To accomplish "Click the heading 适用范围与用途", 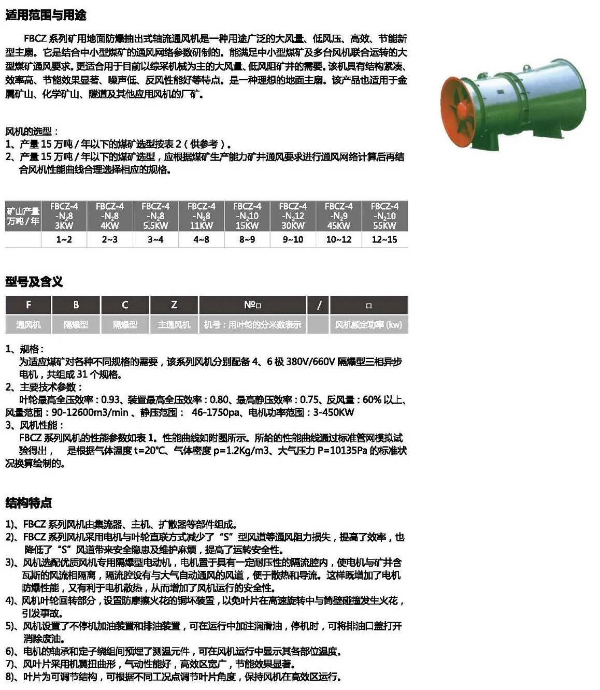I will coord(46,15).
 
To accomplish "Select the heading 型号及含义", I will coord(34,282).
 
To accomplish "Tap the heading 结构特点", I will coord(28,502).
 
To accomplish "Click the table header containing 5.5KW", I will coord(155,216).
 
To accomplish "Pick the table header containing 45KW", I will coord(339,216).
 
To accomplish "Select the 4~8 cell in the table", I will coord(201,239).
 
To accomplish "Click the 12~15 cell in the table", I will coord(384,239).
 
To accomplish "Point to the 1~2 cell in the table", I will coord(64,239).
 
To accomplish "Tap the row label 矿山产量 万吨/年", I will coord(23,216).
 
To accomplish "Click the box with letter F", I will coord(28,305).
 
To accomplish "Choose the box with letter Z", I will coord(174,305).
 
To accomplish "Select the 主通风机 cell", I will coord(174,325).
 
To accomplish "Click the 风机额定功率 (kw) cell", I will coord(368,325).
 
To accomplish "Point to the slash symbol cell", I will coord(319,305).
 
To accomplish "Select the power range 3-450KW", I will coord(331,413).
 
